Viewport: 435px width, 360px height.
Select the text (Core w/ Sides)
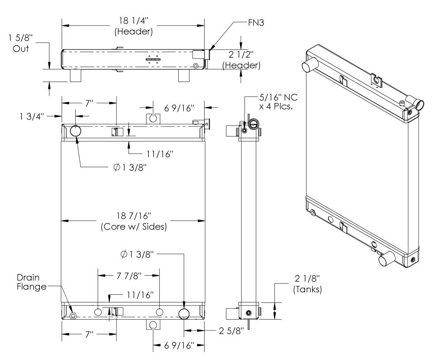tap(133, 227)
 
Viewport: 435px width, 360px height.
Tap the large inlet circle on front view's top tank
tap(76, 131)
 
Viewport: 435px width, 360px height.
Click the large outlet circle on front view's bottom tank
tap(185, 313)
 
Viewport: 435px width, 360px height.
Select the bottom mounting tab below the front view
tap(153, 325)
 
